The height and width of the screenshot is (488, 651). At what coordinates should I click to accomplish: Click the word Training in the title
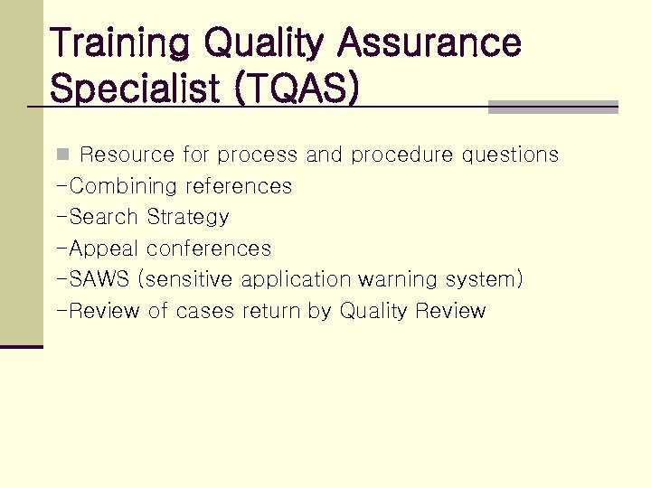point(121,42)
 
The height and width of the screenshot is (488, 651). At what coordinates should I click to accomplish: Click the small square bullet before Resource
point(61,155)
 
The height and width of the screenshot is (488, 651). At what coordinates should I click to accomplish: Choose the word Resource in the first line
point(128,155)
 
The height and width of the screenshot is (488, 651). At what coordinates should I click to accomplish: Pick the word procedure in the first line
point(402,155)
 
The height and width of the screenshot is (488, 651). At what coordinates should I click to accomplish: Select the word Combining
point(123,186)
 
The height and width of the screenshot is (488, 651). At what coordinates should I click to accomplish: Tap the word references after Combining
point(239,186)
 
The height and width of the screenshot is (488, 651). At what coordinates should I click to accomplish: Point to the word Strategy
point(188,217)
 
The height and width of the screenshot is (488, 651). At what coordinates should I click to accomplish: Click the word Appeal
point(105,249)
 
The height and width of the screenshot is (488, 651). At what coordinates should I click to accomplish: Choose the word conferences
point(209,249)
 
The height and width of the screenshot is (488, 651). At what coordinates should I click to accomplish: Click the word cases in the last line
point(205,311)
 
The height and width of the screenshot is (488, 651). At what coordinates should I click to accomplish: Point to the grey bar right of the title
point(552,107)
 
